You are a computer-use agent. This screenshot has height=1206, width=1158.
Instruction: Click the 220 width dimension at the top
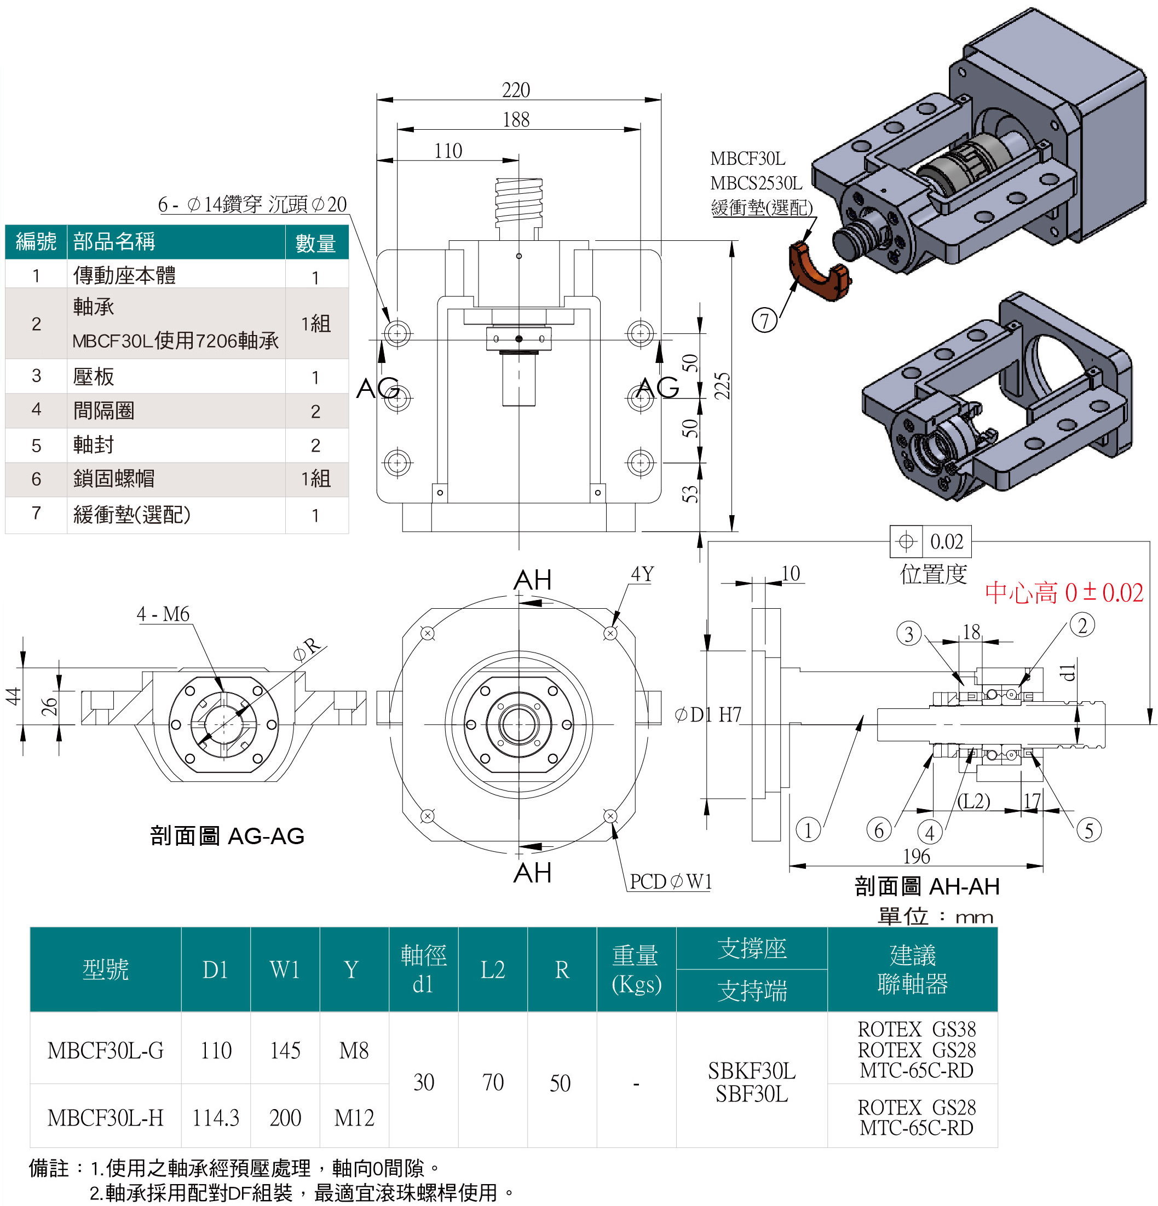[516, 90]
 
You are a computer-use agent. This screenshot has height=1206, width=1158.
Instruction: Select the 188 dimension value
[516, 120]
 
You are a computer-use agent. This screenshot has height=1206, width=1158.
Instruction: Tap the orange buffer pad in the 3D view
[818, 272]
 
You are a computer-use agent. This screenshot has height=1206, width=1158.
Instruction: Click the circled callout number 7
[765, 321]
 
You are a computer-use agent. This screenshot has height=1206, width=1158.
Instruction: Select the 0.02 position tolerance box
[930, 541]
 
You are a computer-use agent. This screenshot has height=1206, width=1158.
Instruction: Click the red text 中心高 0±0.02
[1063, 592]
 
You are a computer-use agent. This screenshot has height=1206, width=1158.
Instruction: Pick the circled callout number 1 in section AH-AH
[808, 830]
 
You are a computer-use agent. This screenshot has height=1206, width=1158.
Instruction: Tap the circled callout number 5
[1088, 830]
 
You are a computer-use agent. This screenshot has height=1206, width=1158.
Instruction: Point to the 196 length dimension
[916, 856]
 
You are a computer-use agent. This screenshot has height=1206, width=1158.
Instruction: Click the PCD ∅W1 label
[670, 882]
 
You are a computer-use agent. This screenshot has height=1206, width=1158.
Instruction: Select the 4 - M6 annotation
[163, 614]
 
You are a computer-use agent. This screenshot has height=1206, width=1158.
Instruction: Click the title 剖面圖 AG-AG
[227, 835]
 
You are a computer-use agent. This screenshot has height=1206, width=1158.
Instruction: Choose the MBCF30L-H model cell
[105, 1117]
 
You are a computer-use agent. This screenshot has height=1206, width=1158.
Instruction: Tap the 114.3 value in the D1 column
[215, 1117]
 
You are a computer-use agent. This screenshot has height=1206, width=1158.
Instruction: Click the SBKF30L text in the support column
[751, 1071]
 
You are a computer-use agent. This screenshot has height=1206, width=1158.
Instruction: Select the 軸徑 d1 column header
[423, 969]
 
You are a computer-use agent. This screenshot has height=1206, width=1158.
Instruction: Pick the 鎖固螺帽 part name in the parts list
[114, 478]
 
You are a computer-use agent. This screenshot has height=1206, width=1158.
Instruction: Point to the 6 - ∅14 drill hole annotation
[252, 204]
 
